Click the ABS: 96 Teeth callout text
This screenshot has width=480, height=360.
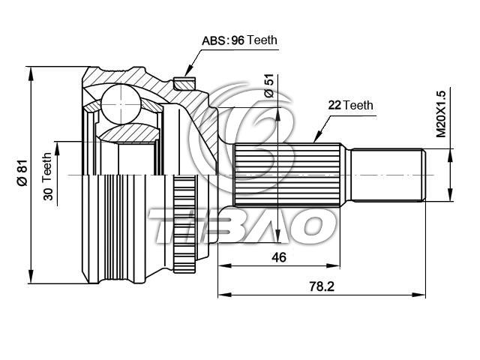pyautogui.click(x=239, y=40)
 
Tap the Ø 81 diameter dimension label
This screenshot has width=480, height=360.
pyautogui.click(x=22, y=173)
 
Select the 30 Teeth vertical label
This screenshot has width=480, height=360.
pyautogui.click(x=48, y=177)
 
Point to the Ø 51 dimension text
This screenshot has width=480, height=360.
pyautogui.click(x=269, y=85)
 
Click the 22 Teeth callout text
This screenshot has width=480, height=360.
pyautogui.click(x=351, y=105)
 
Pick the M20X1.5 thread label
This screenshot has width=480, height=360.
pyautogui.click(x=441, y=114)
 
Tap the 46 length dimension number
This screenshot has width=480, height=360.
pyautogui.click(x=279, y=257)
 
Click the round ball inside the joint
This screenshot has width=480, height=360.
pyautogui.click(x=121, y=103)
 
